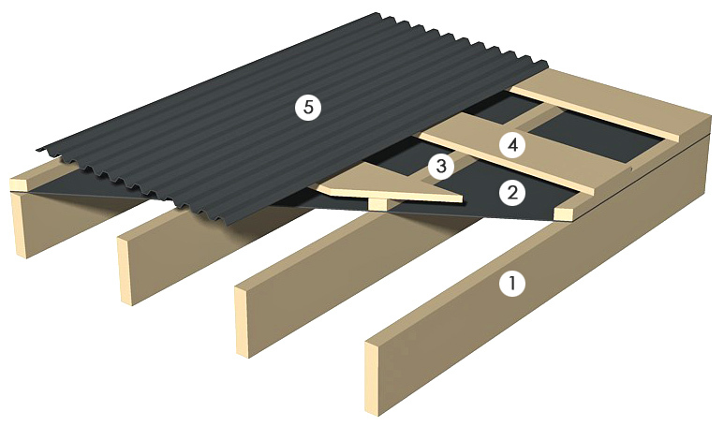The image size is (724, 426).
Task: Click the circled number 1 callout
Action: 512,283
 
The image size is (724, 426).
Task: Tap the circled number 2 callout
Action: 512,193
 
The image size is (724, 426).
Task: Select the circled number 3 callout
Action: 441,166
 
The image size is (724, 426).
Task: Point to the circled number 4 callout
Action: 512,145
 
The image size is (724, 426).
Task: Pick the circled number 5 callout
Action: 308,107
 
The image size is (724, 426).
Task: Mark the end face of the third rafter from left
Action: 242,321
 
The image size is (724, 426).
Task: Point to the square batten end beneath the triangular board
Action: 377,204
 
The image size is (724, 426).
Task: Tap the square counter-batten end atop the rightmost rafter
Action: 563,214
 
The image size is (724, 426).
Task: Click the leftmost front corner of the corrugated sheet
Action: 38,150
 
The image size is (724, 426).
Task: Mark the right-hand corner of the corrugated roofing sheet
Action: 548,64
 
